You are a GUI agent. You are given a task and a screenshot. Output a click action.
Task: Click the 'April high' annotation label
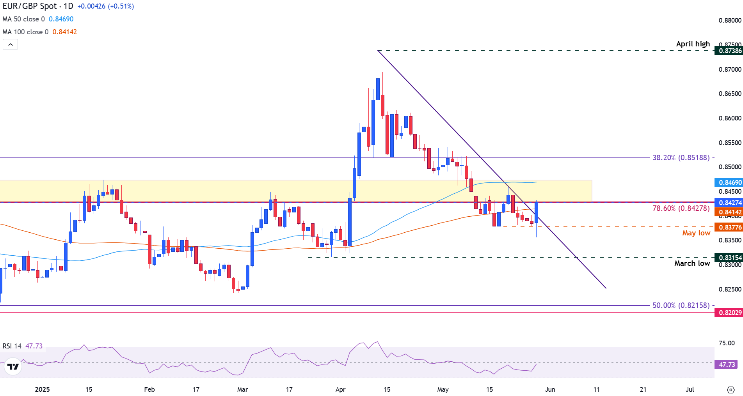pyautogui.click(x=693, y=44)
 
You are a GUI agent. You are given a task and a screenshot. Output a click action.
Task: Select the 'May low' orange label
pyautogui.click(x=696, y=233)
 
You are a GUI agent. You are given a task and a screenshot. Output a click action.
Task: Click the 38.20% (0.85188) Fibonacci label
pyautogui.click(x=681, y=158)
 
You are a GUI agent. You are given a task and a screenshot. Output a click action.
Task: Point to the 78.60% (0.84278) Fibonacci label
pyautogui.click(x=681, y=209)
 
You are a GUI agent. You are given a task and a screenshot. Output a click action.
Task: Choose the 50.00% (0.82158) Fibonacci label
pyautogui.click(x=681, y=306)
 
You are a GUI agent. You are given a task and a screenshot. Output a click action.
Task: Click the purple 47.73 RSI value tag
pyautogui.click(x=727, y=365)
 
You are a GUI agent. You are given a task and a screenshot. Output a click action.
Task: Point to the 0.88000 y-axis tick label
pyautogui.click(x=730, y=20)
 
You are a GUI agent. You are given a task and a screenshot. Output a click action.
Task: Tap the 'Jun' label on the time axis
pyautogui.click(x=550, y=389)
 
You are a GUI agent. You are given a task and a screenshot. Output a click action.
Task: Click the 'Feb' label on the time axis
pyautogui.click(x=149, y=389)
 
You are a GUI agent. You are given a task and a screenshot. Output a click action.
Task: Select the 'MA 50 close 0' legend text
pyautogui.click(x=24, y=19)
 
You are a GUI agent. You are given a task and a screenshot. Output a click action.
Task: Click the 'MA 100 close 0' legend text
pyautogui.click(x=25, y=32)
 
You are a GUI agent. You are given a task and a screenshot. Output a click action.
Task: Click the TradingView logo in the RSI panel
pyautogui.click(x=13, y=367)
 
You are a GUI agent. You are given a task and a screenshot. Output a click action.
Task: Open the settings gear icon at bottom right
pyautogui.click(x=731, y=390)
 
